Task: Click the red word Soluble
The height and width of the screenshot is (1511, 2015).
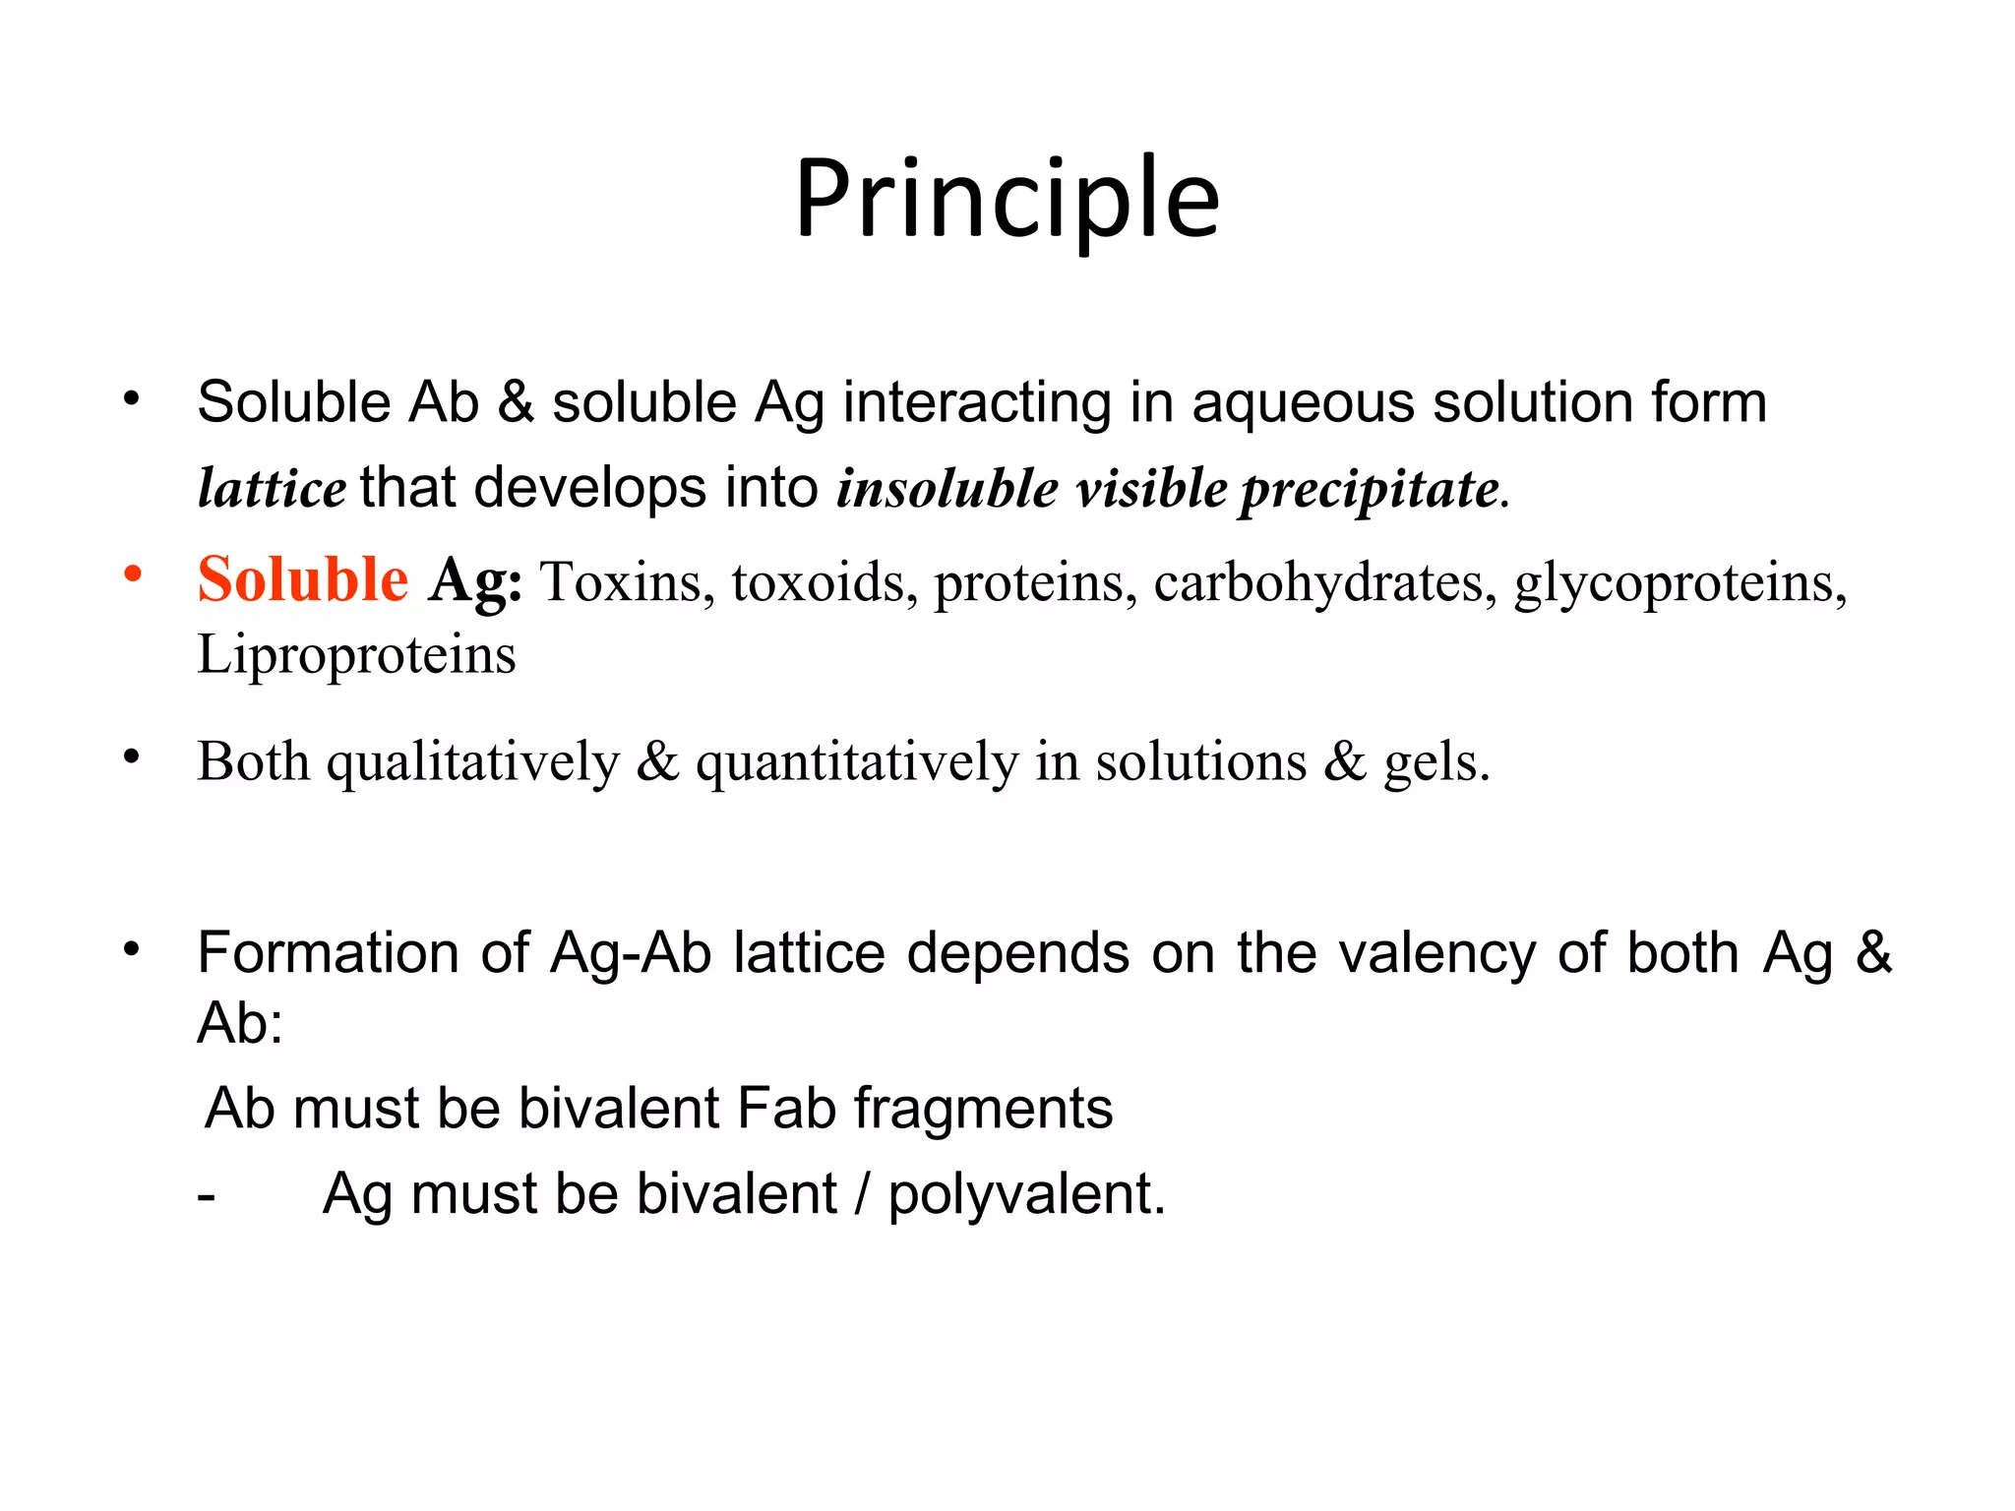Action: pyautogui.click(x=302, y=579)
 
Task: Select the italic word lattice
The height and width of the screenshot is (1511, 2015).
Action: pyautogui.click(x=272, y=488)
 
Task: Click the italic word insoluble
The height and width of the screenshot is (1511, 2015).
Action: pyautogui.click(x=946, y=488)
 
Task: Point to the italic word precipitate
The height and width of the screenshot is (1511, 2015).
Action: pyautogui.click(x=1370, y=490)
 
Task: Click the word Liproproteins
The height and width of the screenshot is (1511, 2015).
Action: pyautogui.click(x=356, y=655)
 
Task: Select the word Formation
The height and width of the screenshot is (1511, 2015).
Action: pyautogui.click(x=328, y=953)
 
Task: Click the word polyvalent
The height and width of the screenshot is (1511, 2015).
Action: pyautogui.click(x=1026, y=1195)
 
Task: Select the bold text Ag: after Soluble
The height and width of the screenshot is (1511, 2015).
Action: pyautogui.click(x=475, y=581)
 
